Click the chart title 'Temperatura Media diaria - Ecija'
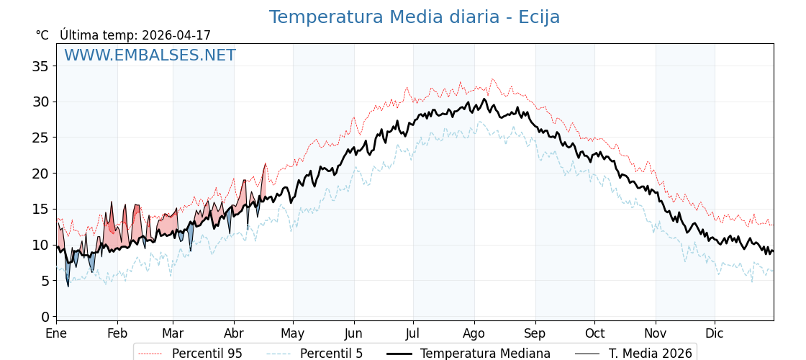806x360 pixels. (x=414, y=17)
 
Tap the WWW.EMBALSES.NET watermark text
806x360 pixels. (x=150, y=55)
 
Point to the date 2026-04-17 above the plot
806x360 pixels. (x=176, y=35)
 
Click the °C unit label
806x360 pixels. (x=42, y=35)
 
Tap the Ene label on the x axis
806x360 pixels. (x=56, y=334)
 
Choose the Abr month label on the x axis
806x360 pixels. (x=234, y=334)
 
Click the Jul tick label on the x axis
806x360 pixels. (x=413, y=334)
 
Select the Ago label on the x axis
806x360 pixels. (x=474, y=334)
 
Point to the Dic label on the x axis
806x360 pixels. (x=715, y=334)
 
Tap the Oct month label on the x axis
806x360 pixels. (x=594, y=334)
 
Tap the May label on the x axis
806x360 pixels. (x=293, y=334)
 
